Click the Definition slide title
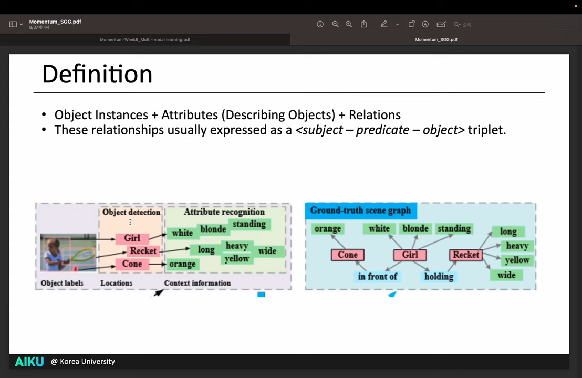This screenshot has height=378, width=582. tap(97, 74)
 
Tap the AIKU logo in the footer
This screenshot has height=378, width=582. tap(29, 361)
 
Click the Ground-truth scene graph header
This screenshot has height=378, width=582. tap(360, 211)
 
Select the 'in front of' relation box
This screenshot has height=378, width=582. tap(377, 276)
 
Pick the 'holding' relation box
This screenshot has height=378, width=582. tap(439, 277)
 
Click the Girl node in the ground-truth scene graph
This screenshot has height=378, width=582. tap(410, 255)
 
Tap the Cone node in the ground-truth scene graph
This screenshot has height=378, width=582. tap(347, 255)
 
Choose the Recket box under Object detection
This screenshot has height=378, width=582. tap(143, 251)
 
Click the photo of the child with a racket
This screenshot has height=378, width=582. tap(68, 253)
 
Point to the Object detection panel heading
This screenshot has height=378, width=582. tap(131, 212)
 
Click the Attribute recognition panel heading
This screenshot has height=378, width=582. tap(224, 212)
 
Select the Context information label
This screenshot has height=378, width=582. tap(197, 283)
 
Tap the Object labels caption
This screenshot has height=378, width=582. tap(62, 283)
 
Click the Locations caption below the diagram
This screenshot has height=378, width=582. tap(116, 283)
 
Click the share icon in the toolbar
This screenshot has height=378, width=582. tap(363, 24)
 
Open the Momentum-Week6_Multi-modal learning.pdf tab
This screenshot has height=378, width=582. tap(145, 40)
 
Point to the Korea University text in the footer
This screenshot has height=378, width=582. tap(87, 361)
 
